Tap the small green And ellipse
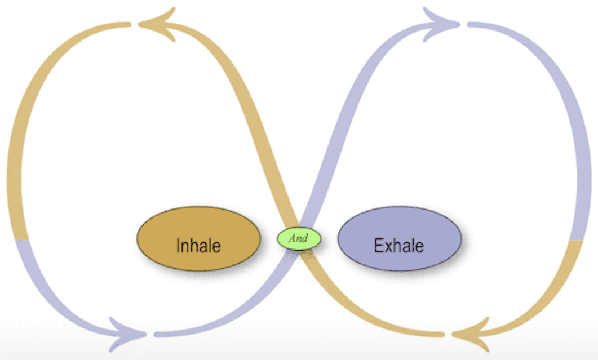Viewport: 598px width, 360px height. (x=299, y=238)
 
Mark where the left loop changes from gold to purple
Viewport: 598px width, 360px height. (x=21, y=240)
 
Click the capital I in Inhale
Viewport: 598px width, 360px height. (x=178, y=246)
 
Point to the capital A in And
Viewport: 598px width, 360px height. (x=292, y=238)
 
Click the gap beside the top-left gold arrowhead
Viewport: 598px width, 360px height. (x=135, y=24)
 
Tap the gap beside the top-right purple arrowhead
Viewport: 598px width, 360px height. (x=464, y=24)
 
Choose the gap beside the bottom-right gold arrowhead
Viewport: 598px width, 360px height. (x=449, y=335)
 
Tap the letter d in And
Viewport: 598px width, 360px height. (x=305, y=238)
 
